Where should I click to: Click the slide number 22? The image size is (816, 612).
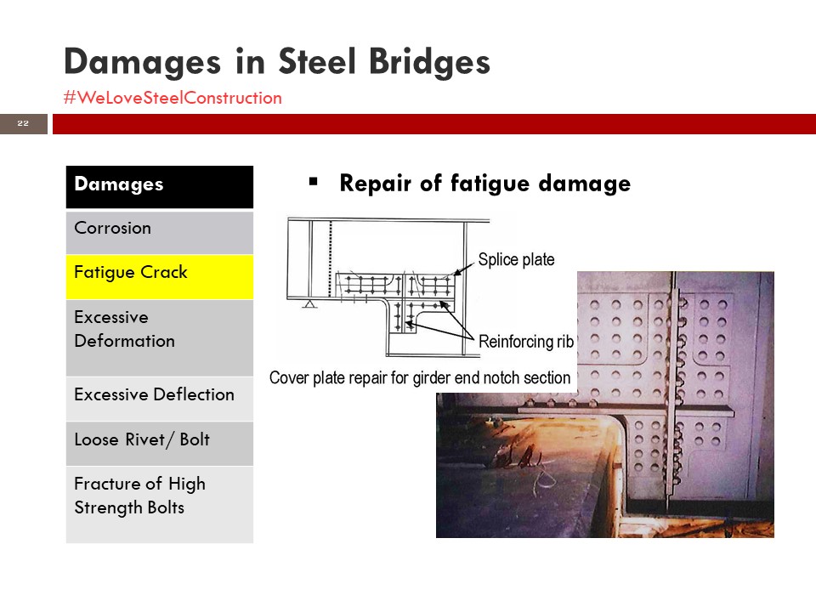tap(23, 123)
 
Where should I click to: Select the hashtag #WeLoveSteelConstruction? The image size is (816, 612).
tap(173, 98)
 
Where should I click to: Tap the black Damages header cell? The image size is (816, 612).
tap(159, 187)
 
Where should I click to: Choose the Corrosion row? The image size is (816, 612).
tap(159, 232)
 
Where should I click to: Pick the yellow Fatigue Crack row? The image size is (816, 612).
tap(159, 277)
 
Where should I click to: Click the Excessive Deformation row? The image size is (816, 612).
tap(159, 337)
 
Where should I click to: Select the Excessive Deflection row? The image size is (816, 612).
tap(159, 399)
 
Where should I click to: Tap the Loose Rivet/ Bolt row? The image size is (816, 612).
tap(159, 444)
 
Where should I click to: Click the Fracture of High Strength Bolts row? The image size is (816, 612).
tap(159, 505)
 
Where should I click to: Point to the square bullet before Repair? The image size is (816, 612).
tap(314, 182)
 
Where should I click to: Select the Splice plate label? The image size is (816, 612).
tap(516, 259)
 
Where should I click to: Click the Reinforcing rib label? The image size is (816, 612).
tap(526, 342)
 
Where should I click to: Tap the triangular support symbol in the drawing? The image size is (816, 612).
tap(309, 303)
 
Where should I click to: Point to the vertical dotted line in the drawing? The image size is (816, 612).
tap(330, 258)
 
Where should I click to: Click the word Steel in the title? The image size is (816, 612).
tap(317, 62)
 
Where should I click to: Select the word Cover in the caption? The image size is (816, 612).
tap(289, 377)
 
